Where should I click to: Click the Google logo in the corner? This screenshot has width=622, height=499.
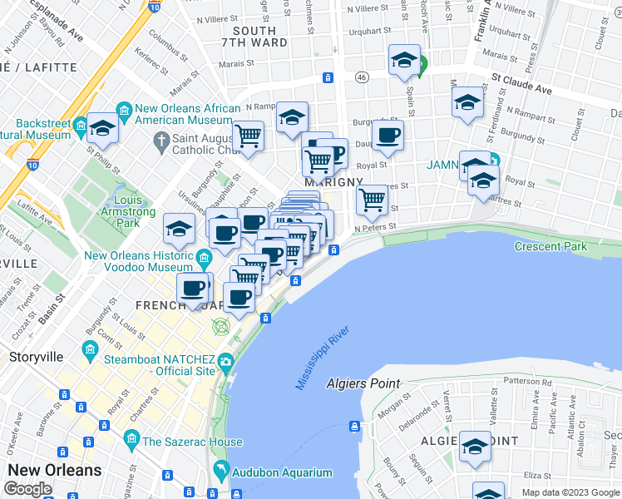coord(27,489)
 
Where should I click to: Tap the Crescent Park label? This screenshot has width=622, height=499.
coord(550,246)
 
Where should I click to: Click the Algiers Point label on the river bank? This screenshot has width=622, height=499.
coord(363,383)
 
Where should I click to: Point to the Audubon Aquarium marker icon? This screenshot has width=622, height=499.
coord(220,472)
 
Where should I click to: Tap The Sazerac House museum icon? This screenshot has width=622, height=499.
coord(131,439)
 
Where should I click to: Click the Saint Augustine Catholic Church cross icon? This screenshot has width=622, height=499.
coord(160,143)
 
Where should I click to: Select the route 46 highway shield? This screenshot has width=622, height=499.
coord(361,77)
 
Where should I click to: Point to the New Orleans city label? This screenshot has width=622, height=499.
coord(54,470)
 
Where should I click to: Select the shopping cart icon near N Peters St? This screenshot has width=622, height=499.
coord(372,200)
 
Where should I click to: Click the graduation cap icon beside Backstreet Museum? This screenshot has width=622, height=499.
coord(102,129)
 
